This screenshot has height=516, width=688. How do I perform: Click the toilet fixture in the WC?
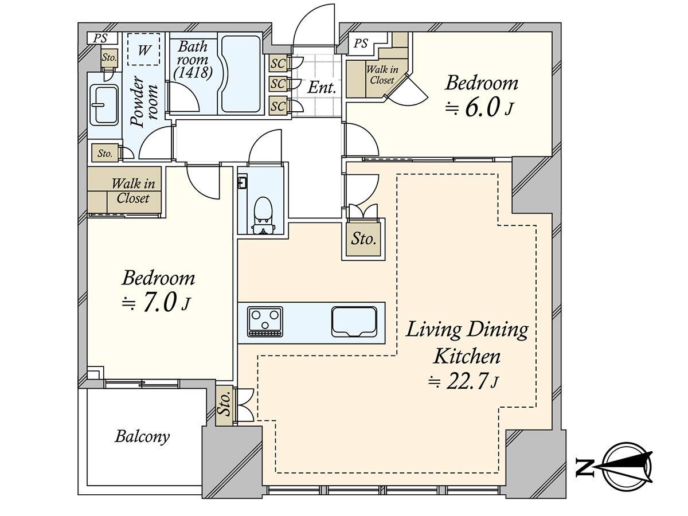pyautogui.click(x=263, y=215)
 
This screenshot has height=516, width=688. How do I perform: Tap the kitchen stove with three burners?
pyautogui.click(x=265, y=322)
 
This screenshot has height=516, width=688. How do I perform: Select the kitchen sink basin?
pyautogui.click(x=354, y=322)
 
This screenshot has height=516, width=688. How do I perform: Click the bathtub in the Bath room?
pyautogui.click(x=241, y=75)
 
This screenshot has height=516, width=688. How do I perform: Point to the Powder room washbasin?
pyautogui.click(x=104, y=105)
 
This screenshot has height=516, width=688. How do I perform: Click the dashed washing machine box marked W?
pyautogui.click(x=144, y=49)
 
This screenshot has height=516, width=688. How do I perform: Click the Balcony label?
pyautogui.click(x=142, y=436)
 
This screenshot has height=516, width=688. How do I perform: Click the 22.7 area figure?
pyautogui.click(x=467, y=382)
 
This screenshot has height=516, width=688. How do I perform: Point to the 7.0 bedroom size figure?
pyautogui.click(x=159, y=303)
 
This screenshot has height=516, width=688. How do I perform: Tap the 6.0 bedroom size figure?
pyautogui.click(x=482, y=108)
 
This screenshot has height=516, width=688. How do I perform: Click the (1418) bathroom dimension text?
pyautogui.click(x=193, y=72)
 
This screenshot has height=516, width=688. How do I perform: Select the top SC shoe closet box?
pyautogui.click(x=278, y=64)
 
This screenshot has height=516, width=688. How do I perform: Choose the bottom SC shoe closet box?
pyautogui.click(x=278, y=106)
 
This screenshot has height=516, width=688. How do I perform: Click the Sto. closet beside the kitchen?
pyautogui.click(x=363, y=239)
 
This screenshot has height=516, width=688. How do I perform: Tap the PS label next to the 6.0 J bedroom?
pyautogui.click(x=361, y=43)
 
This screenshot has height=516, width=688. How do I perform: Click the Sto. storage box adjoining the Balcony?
pyautogui.click(x=224, y=406)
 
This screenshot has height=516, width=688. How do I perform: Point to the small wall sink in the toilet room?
pyautogui.click(x=243, y=183)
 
